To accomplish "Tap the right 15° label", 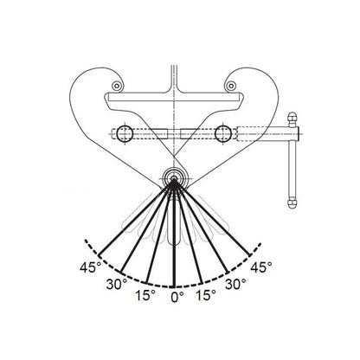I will click(209, 294).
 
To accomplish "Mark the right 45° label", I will click(261, 266).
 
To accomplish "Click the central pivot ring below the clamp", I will click(176, 180).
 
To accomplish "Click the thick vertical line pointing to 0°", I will click(176, 234).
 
